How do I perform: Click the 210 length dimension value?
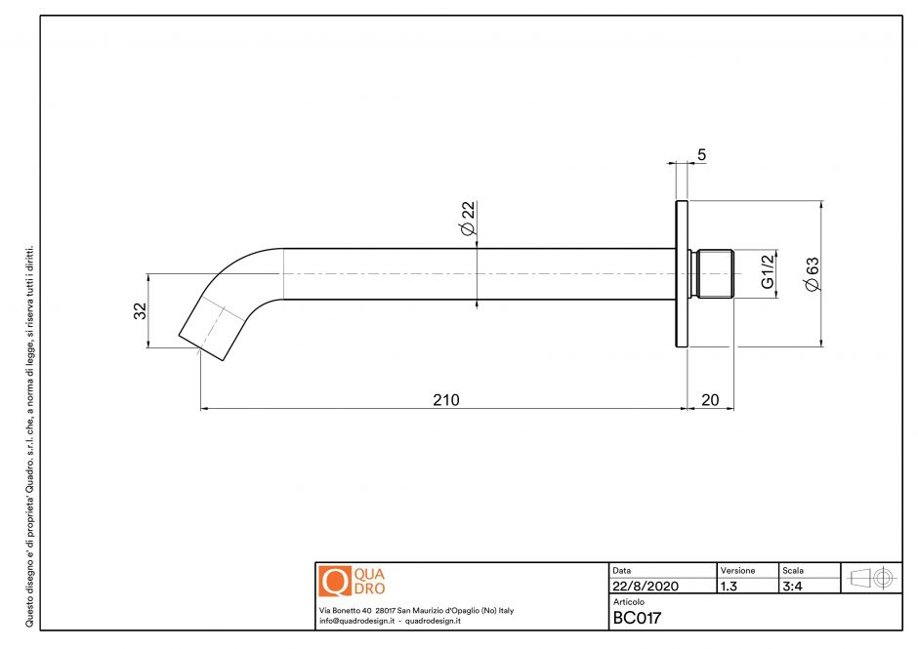coord(445,400)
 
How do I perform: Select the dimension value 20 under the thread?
coord(710,400)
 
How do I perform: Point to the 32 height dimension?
coord(140,310)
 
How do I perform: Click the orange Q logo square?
coord(334,582)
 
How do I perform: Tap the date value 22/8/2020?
coord(646,587)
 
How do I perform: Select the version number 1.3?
coord(729,587)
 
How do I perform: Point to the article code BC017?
coord(638,618)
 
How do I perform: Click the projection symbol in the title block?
coord(871,577)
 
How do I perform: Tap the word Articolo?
coord(629,602)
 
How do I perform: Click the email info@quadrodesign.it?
coord(355,621)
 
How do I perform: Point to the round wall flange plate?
coord(681,273)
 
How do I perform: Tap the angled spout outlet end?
coord(209,332)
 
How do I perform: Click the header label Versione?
coord(737,569)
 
